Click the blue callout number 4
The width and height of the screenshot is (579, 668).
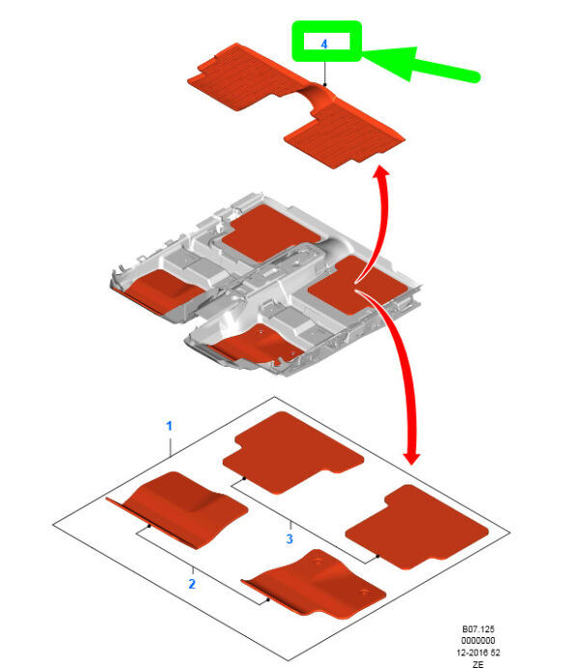(x=324, y=43)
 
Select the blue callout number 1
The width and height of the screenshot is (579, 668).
(x=169, y=426)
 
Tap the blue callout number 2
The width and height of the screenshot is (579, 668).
(x=192, y=584)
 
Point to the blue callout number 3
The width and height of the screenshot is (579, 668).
(x=289, y=539)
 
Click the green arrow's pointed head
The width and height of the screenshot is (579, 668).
(x=366, y=54)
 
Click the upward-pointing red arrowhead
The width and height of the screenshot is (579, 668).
(x=382, y=171)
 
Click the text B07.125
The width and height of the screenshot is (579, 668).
(x=478, y=628)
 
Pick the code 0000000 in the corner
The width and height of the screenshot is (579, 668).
(x=478, y=640)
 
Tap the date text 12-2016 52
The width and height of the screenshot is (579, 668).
(x=478, y=653)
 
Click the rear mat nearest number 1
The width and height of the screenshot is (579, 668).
(x=293, y=452)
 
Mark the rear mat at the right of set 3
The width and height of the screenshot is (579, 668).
(x=416, y=526)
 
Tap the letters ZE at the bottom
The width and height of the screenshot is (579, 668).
(x=478, y=664)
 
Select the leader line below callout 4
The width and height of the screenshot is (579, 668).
(x=325, y=73)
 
